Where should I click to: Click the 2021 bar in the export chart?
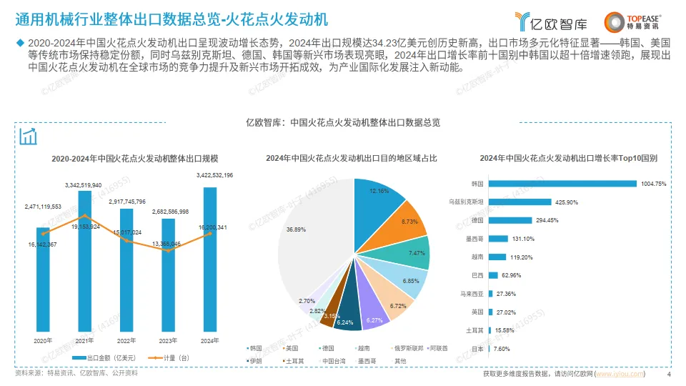pos(84,264)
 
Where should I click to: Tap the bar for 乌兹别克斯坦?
pos(520,202)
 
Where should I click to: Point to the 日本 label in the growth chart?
pos(478,349)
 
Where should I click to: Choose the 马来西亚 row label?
pos(472,294)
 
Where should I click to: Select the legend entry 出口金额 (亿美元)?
pos(97,357)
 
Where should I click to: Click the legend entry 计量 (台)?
pos(162,357)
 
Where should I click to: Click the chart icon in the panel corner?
pos(29,136)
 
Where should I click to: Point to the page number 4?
pos(668,374)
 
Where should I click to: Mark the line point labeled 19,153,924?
pos(84,215)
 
